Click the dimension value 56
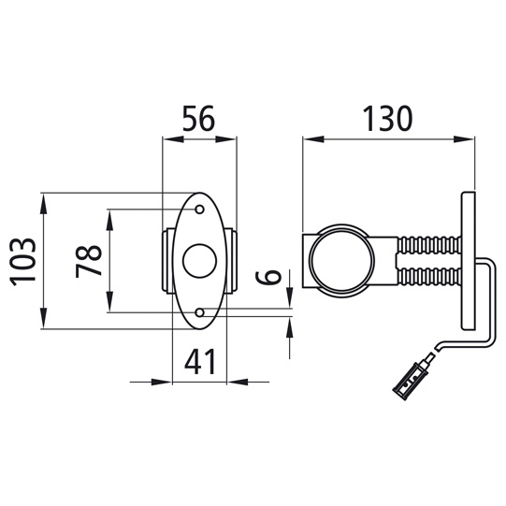coord(198,118)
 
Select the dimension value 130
coord(387,118)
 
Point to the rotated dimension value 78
coord(89,261)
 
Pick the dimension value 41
coord(200,361)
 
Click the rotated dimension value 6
coord(268,277)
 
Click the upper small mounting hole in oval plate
coord(200,210)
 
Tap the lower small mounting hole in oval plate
coord(200,312)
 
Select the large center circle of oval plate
coord(200,261)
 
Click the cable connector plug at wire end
coord(411,381)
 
